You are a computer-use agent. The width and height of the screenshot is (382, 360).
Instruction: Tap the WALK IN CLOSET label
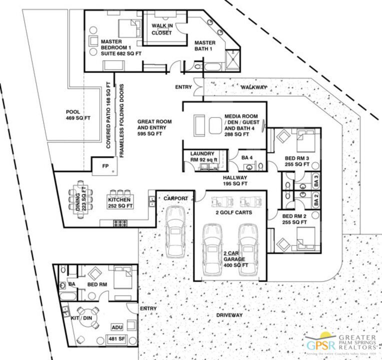[161, 29]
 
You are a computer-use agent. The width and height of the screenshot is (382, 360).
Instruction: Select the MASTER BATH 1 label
[205, 45]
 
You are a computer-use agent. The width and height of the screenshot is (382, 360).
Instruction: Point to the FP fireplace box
[105, 165]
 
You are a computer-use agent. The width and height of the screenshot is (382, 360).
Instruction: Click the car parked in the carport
[175, 230]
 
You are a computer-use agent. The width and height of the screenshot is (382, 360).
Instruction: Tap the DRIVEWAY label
[229, 315]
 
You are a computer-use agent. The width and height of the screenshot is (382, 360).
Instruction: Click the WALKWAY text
[253, 87]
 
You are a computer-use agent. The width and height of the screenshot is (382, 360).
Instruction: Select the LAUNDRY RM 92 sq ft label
[202, 157]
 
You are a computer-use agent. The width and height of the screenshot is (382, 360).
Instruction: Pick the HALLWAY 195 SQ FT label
[235, 180]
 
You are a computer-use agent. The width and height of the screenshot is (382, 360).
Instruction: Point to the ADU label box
[117, 327]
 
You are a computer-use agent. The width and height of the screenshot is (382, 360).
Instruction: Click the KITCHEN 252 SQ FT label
[120, 202]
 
